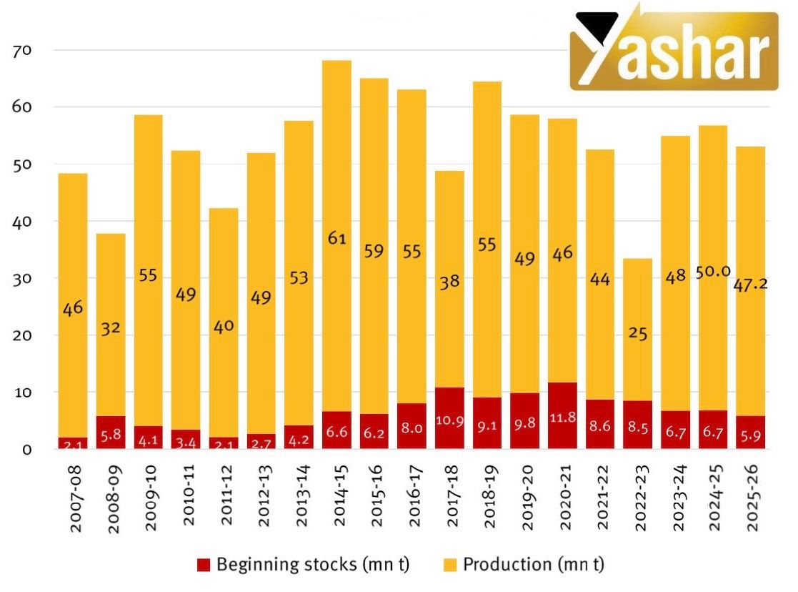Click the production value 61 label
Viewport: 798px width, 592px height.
click(x=336, y=238)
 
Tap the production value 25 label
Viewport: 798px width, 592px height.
click(x=639, y=332)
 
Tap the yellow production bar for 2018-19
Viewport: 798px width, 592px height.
click(x=487, y=179)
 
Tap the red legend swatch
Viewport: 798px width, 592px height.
click(x=204, y=565)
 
